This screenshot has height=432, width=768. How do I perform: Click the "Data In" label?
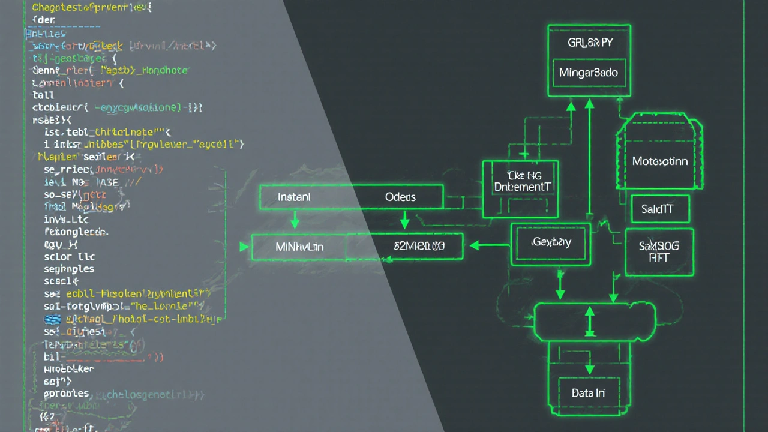click(588, 394)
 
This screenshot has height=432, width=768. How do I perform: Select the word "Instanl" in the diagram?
click(294, 197)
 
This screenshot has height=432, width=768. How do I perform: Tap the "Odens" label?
click(400, 197)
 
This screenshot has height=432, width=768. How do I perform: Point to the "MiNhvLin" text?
click(299, 247)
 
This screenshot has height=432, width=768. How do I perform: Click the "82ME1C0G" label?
click(419, 246)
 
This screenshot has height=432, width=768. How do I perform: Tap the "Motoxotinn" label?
click(660, 161)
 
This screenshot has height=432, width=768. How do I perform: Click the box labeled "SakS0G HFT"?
click(659, 251)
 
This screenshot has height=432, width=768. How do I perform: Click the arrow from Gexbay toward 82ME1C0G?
click(489, 245)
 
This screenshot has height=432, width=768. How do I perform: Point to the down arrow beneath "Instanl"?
click(295, 220)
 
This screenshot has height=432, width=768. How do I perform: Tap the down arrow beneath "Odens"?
click(404, 220)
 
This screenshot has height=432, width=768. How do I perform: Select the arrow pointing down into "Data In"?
click(590, 367)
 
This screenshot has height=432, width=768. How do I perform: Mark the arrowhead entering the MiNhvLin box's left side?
click(244, 247)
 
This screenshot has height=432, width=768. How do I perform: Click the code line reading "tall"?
click(43, 95)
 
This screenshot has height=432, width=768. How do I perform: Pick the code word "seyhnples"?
click(69, 269)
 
